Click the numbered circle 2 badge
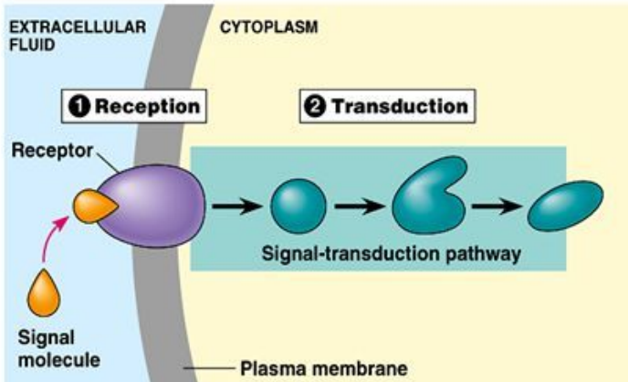[x=315, y=106]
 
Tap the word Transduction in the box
[x=399, y=106]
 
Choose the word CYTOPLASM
[x=269, y=27]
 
